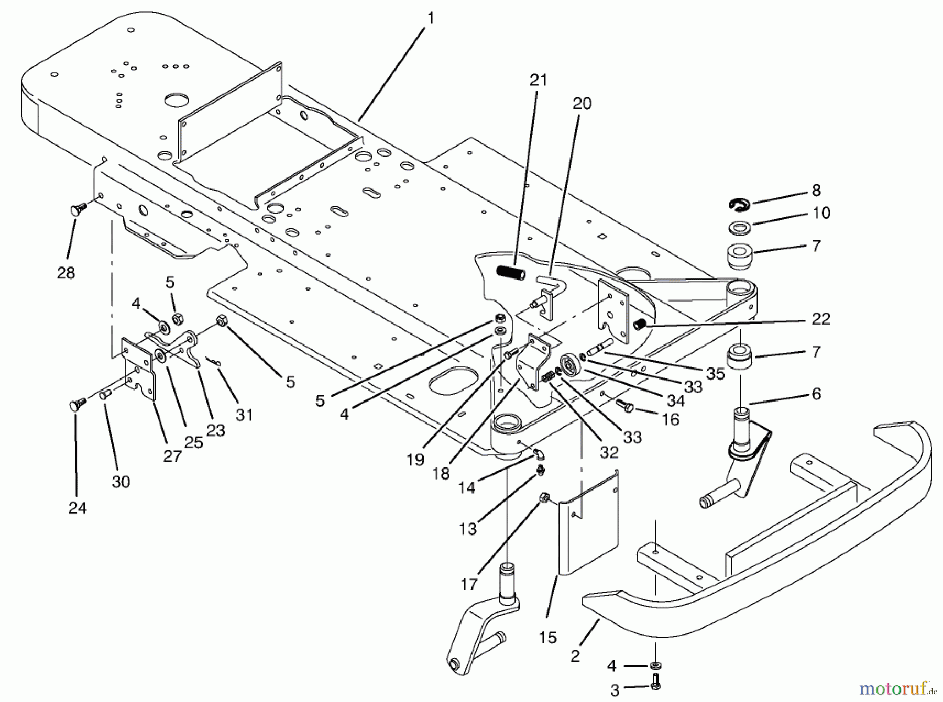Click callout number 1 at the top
(x=431, y=18)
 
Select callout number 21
(x=538, y=80)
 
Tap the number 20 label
(x=582, y=104)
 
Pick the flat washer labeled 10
(x=739, y=228)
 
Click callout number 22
(x=820, y=319)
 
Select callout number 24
(x=78, y=508)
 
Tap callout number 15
(x=547, y=638)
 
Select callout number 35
(x=715, y=373)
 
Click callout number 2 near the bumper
(x=575, y=655)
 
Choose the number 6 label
(x=816, y=394)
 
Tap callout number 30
(x=120, y=482)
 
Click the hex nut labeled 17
(x=544, y=498)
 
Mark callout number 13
(x=468, y=529)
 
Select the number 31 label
(x=244, y=415)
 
